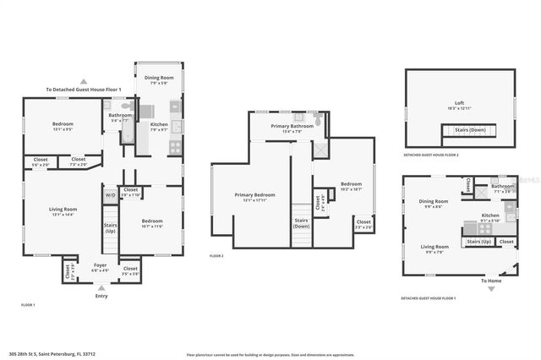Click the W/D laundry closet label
111,196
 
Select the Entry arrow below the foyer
101,288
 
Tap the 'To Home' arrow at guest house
490,287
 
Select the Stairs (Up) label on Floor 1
110,227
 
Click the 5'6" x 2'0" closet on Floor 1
41,161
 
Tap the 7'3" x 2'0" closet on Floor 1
78,161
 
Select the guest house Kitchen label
490,217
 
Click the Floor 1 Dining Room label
158,79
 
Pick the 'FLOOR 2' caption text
216,255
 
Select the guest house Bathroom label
503,188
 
